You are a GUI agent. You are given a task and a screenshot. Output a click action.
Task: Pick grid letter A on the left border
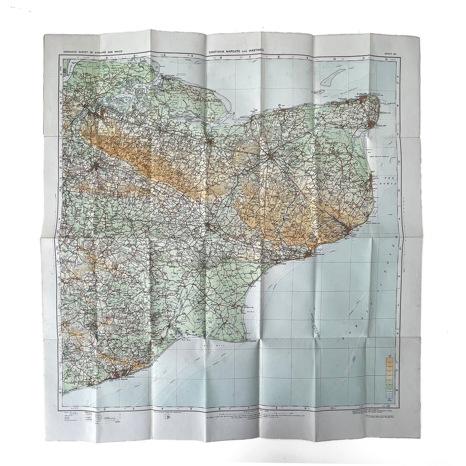(x=61, y=74)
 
